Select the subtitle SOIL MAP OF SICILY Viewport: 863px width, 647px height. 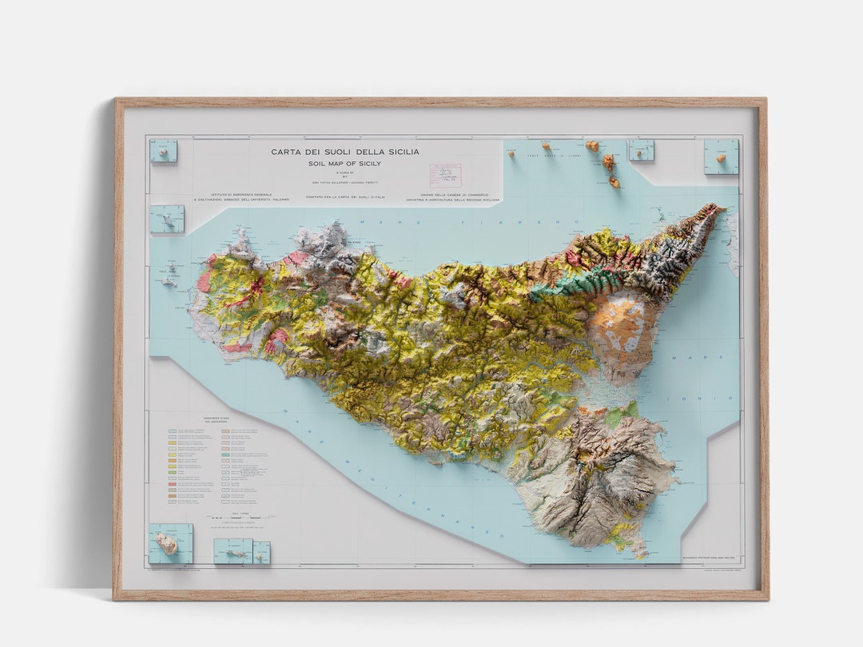(344, 164)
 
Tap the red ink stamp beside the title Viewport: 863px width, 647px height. (445, 175)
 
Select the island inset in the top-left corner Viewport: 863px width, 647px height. (164, 150)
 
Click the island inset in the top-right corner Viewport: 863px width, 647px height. (721, 157)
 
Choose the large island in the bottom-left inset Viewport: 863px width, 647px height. (167, 543)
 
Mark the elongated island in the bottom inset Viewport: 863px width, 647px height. (233, 552)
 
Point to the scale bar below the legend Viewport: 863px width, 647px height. (236, 519)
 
